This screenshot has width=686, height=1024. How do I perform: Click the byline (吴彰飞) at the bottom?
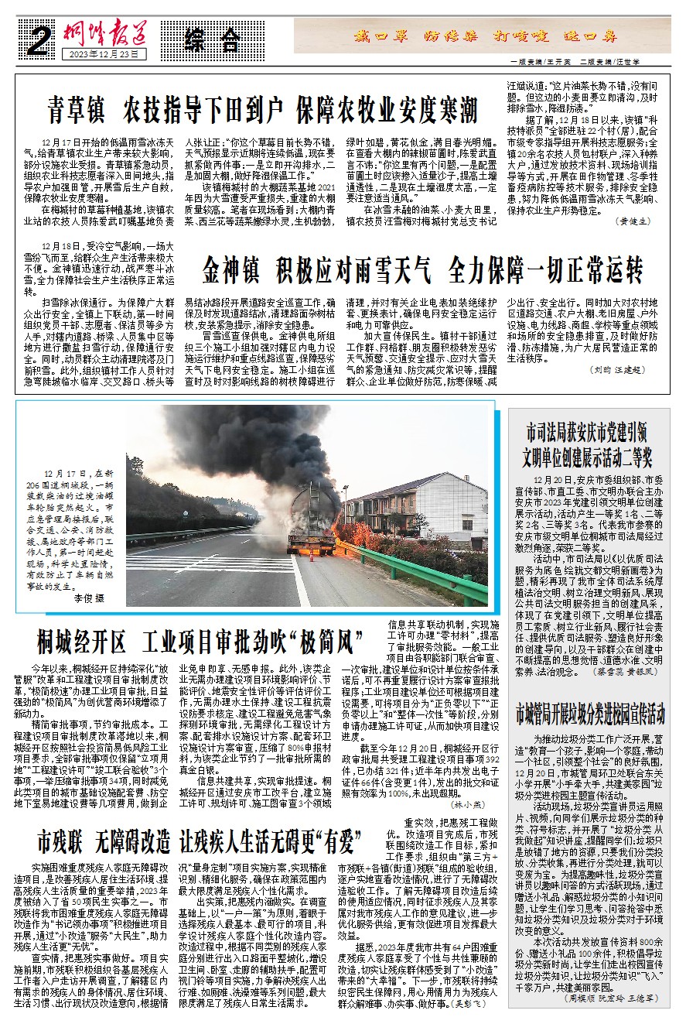469,1002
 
